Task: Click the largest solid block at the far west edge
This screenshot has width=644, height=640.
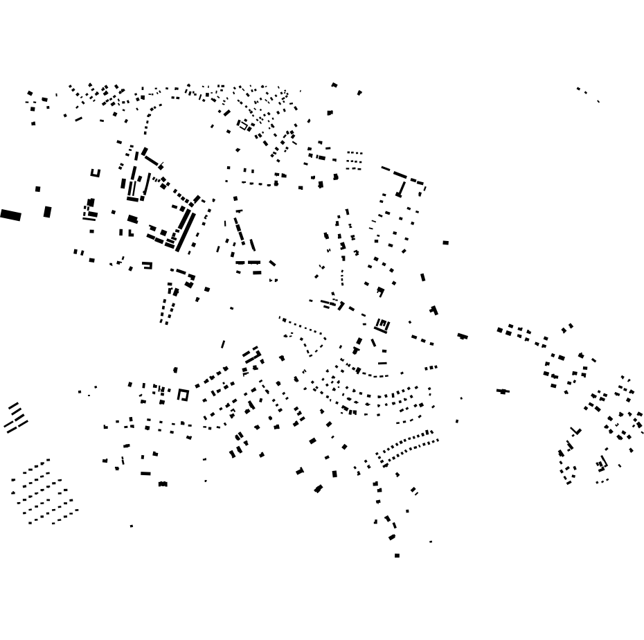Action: [x=10, y=215]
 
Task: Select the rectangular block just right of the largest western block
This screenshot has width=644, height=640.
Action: [x=47, y=212]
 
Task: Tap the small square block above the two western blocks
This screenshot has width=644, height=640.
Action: [x=38, y=188]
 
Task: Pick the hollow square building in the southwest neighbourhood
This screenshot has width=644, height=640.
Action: [x=183, y=395]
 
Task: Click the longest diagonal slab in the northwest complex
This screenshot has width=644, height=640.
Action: [x=184, y=231]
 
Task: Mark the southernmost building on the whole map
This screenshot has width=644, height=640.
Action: [x=397, y=555]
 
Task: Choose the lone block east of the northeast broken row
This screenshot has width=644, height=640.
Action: [x=445, y=242]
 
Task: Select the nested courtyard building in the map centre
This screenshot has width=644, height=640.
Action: [x=382, y=324]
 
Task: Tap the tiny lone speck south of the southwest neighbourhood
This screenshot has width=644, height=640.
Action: [x=132, y=526]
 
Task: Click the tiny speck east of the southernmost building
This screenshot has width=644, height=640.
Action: [x=431, y=542]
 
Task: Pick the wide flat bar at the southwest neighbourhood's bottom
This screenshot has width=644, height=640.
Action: [x=145, y=474]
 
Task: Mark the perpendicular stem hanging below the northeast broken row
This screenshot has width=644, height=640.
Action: [x=401, y=188]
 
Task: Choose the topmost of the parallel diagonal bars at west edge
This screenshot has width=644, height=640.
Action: [x=14, y=405]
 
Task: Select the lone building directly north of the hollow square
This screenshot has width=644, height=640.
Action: [x=175, y=370]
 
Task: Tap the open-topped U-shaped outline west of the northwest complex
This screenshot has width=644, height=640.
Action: [x=96, y=173]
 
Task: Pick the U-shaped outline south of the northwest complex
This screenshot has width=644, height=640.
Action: [x=147, y=265]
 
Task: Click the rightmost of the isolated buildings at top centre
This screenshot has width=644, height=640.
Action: [x=359, y=92]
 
